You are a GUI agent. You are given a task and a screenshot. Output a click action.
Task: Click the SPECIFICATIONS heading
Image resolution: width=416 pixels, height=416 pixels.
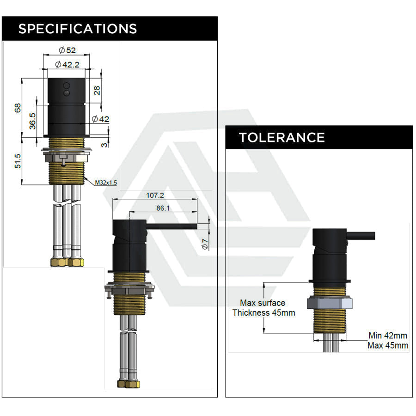(78, 29)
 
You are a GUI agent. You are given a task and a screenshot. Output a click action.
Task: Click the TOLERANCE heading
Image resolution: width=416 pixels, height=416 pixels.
(282, 137)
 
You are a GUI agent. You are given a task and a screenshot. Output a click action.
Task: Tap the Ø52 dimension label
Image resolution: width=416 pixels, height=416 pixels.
(67, 50)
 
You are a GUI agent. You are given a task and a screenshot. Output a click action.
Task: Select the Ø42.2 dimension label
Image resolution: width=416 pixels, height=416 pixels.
(67, 64)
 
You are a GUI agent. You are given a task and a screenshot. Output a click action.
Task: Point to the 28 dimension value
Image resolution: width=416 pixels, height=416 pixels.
(97, 91)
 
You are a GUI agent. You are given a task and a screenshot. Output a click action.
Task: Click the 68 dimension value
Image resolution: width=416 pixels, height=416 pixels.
(18, 108)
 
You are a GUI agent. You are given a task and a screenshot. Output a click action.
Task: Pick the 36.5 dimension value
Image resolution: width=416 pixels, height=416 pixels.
(32, 121)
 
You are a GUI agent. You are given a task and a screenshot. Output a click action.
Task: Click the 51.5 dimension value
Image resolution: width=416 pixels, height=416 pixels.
(18, 161)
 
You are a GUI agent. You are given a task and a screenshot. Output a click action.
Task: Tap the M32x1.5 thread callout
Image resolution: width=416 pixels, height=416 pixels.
(106, 183)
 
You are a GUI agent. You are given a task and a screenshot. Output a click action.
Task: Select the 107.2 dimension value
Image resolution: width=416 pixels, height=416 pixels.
(155, 195)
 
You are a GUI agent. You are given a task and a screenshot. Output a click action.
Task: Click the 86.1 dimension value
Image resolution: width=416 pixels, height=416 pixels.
(163, 208)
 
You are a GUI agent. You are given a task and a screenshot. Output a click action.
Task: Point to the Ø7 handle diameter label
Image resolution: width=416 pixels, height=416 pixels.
(205, 244)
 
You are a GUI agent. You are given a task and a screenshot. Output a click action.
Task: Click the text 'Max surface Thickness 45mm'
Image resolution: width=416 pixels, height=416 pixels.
(263, 308)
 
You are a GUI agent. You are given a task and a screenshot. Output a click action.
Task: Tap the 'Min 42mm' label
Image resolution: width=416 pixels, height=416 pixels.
(388, 336)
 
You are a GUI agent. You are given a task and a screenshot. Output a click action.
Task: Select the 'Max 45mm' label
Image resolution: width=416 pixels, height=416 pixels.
(388, 345)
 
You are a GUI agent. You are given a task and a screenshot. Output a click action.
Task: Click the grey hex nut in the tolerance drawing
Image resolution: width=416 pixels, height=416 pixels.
(330, 303)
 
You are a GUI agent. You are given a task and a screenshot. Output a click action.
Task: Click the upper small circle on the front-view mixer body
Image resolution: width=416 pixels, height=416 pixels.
(67, 86)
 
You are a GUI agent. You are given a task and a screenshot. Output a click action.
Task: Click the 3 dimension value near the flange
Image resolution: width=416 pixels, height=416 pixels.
(104, 145)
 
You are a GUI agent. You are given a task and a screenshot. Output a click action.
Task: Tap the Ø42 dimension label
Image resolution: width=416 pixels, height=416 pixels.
(101, 119)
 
